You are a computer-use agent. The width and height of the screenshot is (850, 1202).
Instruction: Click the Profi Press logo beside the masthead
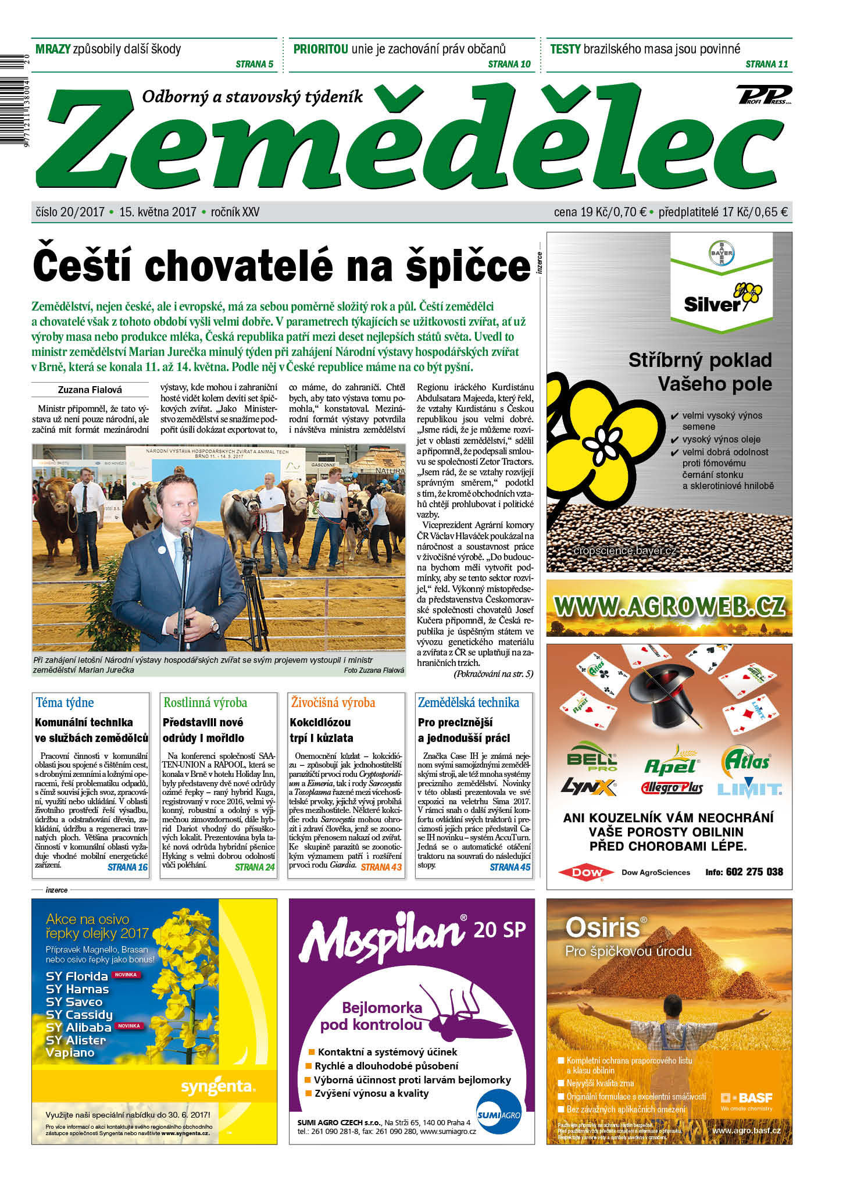pyautogui.click(x=764, y=95)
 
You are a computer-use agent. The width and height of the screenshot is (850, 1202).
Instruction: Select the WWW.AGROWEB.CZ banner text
pyautogui.click(x=669, y=607)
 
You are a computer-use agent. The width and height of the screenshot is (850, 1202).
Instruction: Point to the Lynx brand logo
pyautogui.click(x=588, y=787)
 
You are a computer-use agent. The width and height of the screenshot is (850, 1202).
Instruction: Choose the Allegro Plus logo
pyautogui.click(x=672, y=789)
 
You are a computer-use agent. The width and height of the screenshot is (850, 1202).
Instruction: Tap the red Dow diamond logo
pyautogui.click(x=587, y=872)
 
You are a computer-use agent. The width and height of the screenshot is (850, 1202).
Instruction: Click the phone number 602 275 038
pyautogui.click(x=754, y=872)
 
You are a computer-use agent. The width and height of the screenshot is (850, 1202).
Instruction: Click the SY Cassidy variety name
pyautogui.click(x=79, y=1015)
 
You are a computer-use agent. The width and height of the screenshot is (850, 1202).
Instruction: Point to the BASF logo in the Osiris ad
pyautogui.click(x=748, y=1098)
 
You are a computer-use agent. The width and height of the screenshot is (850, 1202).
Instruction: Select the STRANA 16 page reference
pyautogui.click(x=127, y=867)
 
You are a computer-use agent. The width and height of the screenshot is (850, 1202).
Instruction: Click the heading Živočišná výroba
pyautogui.click(x=333, y=702)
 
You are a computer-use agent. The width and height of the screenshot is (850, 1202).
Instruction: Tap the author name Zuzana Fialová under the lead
pyautogui.click(x=90, y=390)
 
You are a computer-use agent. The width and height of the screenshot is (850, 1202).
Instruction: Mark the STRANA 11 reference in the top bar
pyautogui.click(x=766, y=64)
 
